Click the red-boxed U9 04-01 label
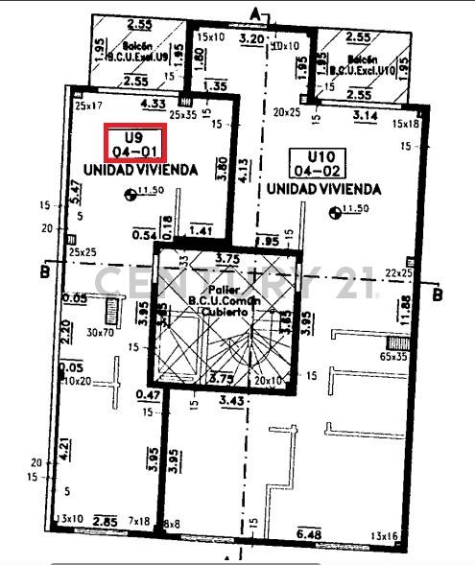click(x=136, y=144)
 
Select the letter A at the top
click(x=255, y=12)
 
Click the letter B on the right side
click(x=438, y=294)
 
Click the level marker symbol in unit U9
click(x=131, y=195)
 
